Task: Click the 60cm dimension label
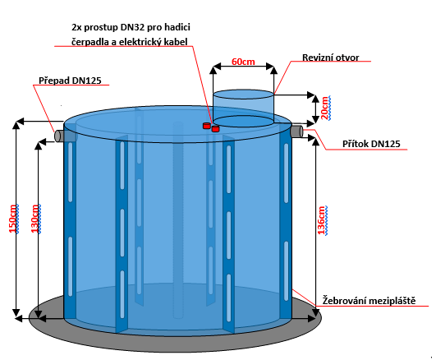243,62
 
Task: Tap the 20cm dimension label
325,108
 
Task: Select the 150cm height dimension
13,219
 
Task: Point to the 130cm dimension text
35,219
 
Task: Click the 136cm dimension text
322,220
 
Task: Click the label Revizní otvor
331,58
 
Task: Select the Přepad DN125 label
70,81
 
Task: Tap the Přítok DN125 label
371,144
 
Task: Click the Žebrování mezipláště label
369,301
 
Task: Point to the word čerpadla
89,42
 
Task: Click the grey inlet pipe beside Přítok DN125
297,132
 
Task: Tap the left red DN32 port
206,126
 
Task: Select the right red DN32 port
215,129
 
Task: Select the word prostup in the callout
101,28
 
